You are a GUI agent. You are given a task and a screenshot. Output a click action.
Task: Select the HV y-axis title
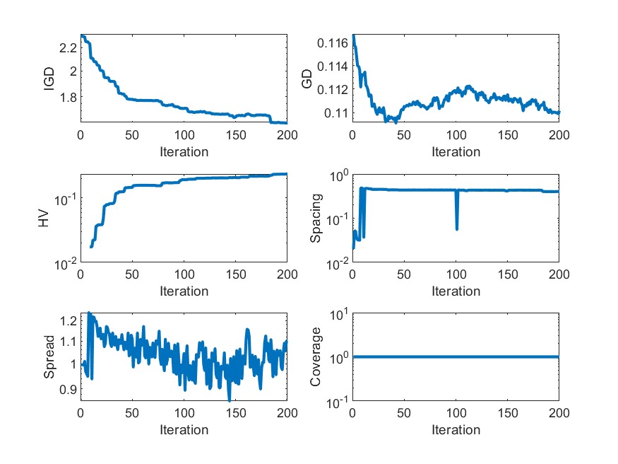44,219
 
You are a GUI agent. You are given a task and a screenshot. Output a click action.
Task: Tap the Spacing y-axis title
316,219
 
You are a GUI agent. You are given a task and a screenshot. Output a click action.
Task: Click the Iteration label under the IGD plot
184,151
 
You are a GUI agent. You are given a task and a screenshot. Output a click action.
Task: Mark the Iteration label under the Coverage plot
456,430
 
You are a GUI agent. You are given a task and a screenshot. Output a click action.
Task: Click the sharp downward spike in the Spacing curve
456,227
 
